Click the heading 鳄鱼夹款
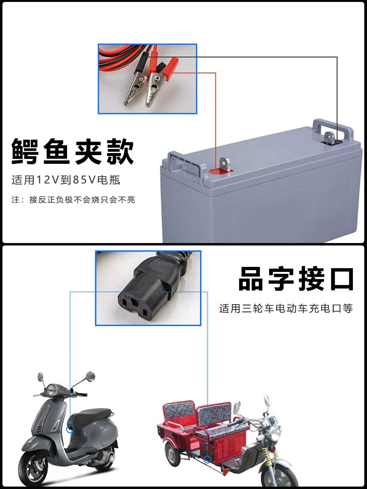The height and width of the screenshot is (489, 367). pos(73,152)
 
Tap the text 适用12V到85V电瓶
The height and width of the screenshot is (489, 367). pos(66,180)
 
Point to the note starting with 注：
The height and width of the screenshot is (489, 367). pos(73,200)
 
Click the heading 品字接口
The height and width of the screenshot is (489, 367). pos(296,279)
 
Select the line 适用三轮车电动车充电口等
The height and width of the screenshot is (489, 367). pos(286,309)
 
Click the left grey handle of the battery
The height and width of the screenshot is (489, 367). pos(183,163)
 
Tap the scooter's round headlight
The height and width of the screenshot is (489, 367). pos(50,390)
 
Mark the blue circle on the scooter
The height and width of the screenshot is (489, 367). pos(70,429)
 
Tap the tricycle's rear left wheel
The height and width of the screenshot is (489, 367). pos(173,454)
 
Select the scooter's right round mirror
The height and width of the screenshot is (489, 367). pos(90,377)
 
